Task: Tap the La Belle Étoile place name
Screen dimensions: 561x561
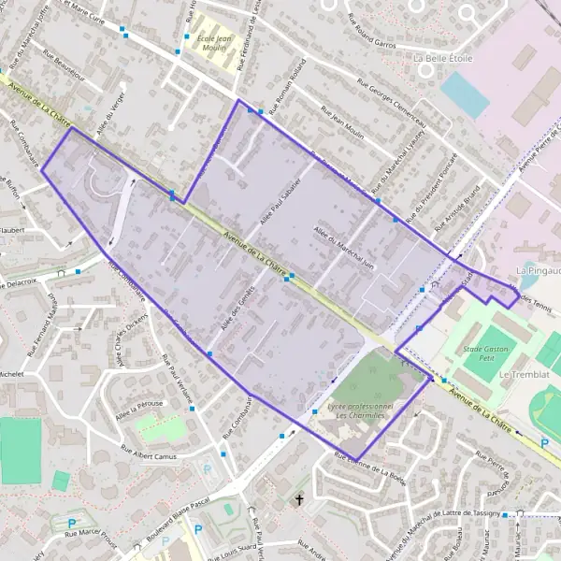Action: tap(443, 58)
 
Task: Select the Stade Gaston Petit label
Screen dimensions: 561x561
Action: tap(479, 352)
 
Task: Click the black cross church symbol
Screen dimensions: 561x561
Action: tap(300, 500)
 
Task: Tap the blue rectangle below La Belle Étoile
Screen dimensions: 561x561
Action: tap(465, 94)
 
